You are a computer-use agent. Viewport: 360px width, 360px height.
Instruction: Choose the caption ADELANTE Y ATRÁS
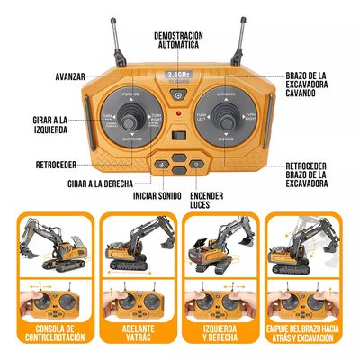point(135,336)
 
